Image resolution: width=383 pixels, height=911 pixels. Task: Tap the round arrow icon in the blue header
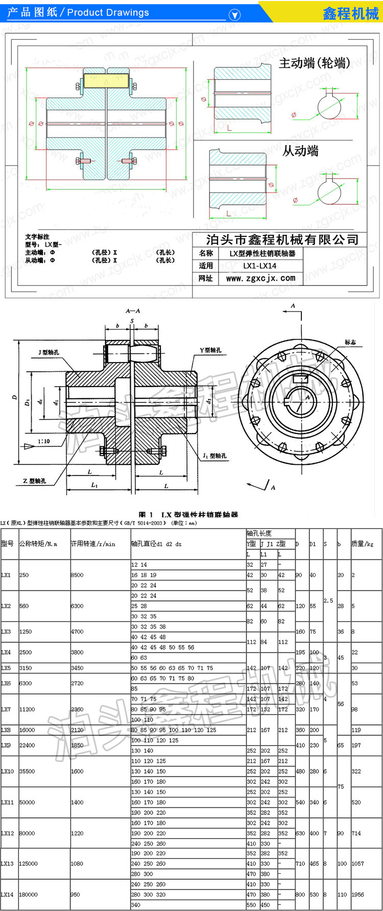tap(234, 15)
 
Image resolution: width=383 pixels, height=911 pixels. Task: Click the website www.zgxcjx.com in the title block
tap(260, 278)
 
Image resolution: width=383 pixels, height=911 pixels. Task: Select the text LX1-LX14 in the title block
tap(259, 266)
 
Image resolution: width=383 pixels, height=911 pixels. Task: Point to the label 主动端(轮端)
tap(315, 63)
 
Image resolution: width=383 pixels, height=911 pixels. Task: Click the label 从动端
tap(300, 151)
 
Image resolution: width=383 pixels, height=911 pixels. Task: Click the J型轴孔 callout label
tap(49, 352)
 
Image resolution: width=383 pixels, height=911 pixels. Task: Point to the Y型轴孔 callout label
tap(210, 350)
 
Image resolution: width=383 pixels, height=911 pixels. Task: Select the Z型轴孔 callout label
tap(34, 481)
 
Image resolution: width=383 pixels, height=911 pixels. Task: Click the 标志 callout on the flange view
tap(350, 342)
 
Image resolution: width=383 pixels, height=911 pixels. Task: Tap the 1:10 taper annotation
tap(44, 441)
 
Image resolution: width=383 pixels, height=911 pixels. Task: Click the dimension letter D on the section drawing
tap(15, 397)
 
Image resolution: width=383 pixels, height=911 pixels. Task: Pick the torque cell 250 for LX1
tap(24, 575)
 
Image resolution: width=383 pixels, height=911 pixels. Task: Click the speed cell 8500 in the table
tap(77, 575)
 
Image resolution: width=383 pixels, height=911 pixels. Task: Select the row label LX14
tap(7, 894)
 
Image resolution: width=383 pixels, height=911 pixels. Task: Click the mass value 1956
tap(357, 894)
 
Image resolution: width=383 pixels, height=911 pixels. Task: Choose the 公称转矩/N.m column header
tap(38, 544)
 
